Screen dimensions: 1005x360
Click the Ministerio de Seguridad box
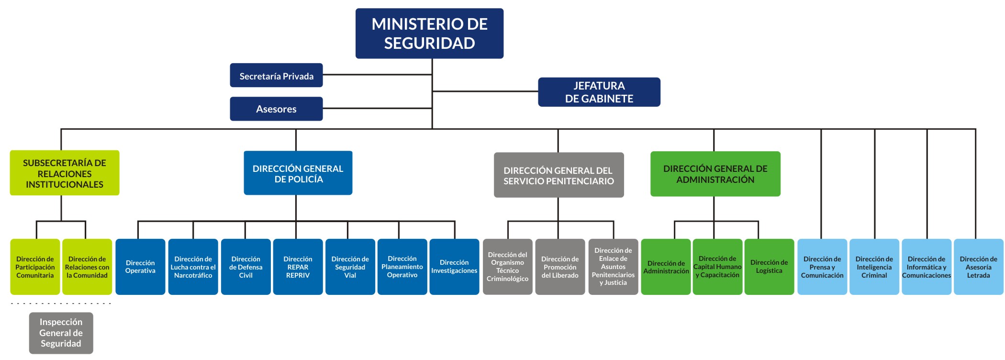pyautogui.click(x=429, y=34)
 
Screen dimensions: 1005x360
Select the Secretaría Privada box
pyautogui.click(x=276, y=75)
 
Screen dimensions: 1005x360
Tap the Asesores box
pyautogui.click(x=276, y=109)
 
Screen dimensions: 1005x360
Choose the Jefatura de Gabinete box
pyautogui.click(x=599, y=92)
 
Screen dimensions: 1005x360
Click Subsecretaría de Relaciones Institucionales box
pyautogui.click(x=65, y=173)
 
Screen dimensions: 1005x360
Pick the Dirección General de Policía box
pyautogui.click(x=298, y=173)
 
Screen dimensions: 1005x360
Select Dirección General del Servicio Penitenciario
pyautogui.click(x=558, y=175)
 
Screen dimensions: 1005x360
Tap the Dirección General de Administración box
pyautogui.click(x=715, y=174)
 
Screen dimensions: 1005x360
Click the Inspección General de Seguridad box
pyautogui.click(x=61, y=333)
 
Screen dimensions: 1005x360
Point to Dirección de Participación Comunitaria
pyautogui.click(x=35, y=267)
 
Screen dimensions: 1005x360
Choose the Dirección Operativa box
pyautogui.click(x=140, y=267)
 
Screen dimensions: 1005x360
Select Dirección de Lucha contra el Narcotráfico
pyautogui.click(x=193, y=267)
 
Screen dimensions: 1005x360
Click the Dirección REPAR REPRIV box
pyautogui.click(x=298, y=267)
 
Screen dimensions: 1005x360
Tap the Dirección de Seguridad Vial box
pyautogui.click(x=350, y=267)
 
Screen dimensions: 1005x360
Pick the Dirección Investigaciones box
pyautogui.click(x=454, y=267)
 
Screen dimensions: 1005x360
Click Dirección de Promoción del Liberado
pyautogui.click(x=560, y=267)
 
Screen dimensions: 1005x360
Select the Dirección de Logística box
pyautogui.click(x=769, y=267)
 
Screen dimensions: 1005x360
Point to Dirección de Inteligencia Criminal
pyautogui.click(x=874, y=267)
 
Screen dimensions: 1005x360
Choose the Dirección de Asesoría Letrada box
pyautogui.click(x=978, y=267)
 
